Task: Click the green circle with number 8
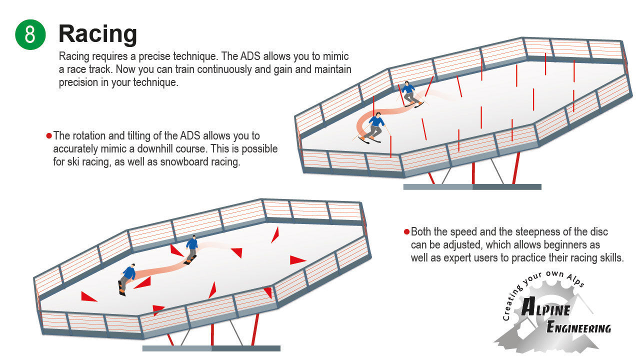pos(30,34)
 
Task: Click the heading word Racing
pos(97,34)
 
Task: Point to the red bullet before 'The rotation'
pos(49,136)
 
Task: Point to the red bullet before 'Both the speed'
pos(406,232)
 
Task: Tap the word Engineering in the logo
pos(578,328)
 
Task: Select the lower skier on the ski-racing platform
pos(374,127)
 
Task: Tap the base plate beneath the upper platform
pos(472,187)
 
